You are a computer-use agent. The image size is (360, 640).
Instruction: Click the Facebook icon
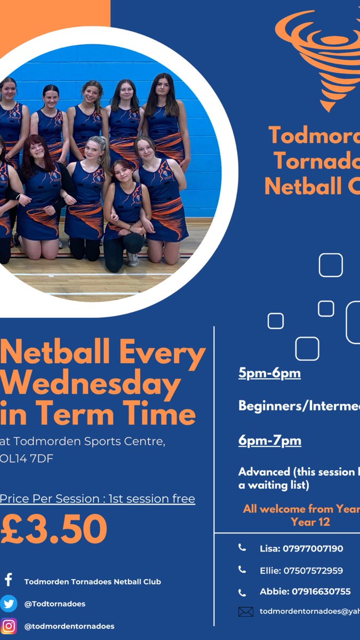9,580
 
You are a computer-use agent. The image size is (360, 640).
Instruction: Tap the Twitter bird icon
9,603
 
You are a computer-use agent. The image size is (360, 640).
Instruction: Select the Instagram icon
9,626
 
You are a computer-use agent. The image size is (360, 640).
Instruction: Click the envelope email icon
245,612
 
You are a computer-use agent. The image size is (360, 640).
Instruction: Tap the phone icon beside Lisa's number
242,548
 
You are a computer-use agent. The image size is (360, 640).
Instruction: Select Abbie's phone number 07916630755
305,591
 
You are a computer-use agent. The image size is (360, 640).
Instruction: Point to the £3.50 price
54,529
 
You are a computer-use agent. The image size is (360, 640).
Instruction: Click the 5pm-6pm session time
269,373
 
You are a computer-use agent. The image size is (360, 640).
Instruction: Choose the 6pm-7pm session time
269,441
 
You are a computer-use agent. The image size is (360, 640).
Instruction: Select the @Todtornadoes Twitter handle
55,604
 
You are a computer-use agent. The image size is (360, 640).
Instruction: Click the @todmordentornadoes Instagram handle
69,626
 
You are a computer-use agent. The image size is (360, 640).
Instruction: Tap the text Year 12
310,522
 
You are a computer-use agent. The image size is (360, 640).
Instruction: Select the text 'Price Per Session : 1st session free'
98,499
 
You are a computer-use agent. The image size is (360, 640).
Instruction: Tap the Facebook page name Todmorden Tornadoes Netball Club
93,581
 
